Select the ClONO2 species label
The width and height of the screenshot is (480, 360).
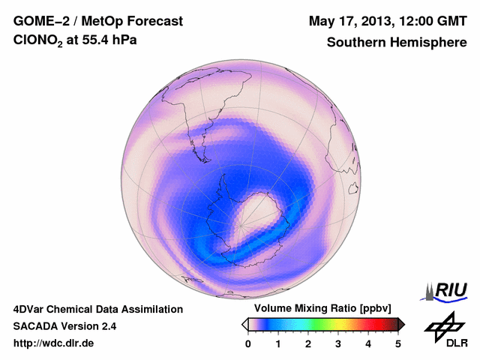coord(41,43)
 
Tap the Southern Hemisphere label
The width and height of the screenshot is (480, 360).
coord(396,43)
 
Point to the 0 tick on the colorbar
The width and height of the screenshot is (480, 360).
coord(248,343)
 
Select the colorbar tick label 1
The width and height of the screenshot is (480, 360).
coord(278,343)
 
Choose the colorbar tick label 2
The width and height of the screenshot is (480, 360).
coord(308,343)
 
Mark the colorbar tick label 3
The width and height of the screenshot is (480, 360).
coord(338,343)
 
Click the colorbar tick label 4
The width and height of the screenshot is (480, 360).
coord(368,343)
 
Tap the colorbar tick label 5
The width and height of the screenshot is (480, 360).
coord(398,343)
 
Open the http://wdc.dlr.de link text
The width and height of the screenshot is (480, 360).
coord(54,343)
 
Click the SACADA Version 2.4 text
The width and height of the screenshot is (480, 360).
coord(64,326)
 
